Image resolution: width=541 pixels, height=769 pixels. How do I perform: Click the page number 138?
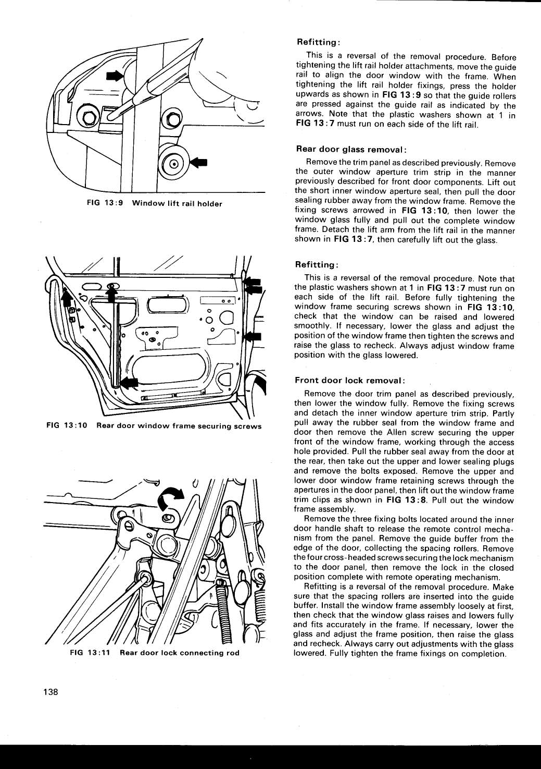coord(51,692)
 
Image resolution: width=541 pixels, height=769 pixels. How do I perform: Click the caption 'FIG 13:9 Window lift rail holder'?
coord(154,203)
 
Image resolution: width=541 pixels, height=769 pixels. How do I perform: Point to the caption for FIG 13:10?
coord(154,426)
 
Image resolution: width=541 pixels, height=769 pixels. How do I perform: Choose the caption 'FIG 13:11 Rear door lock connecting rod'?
coord(154,653)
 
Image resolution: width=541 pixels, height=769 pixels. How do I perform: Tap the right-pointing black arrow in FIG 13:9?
coord(113,76)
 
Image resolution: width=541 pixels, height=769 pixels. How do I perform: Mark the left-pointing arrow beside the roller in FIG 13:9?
coord(198,162)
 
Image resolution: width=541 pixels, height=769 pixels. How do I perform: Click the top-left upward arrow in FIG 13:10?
coord(66,299)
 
